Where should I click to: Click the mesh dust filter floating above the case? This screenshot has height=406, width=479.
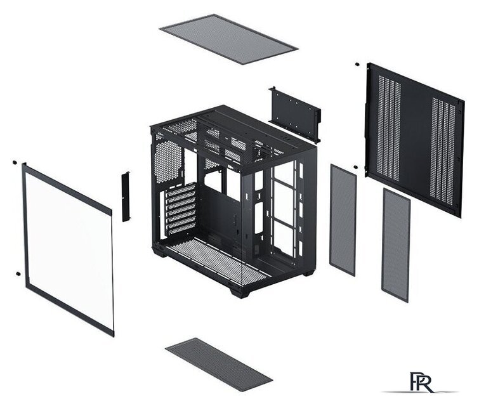228,39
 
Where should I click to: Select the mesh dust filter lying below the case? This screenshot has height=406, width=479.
219,364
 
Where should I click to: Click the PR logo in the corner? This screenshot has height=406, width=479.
421,382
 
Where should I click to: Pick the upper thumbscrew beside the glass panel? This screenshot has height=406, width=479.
14,162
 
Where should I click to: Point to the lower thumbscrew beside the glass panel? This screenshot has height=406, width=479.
18,273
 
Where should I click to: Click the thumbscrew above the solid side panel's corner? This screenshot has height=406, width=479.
357,64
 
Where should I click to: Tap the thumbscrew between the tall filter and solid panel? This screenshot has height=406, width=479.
355,167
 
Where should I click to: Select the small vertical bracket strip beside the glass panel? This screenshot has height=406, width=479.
126,197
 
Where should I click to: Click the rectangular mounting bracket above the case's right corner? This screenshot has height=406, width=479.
294,114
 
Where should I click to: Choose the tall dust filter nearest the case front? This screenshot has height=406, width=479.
343,219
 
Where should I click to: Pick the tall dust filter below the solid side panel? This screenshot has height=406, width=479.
396,245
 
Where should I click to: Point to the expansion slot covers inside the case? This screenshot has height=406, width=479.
181,209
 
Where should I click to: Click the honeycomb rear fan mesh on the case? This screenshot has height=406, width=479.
169,162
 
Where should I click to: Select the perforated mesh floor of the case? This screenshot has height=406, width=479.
218,261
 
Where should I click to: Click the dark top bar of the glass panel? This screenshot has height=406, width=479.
67,188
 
